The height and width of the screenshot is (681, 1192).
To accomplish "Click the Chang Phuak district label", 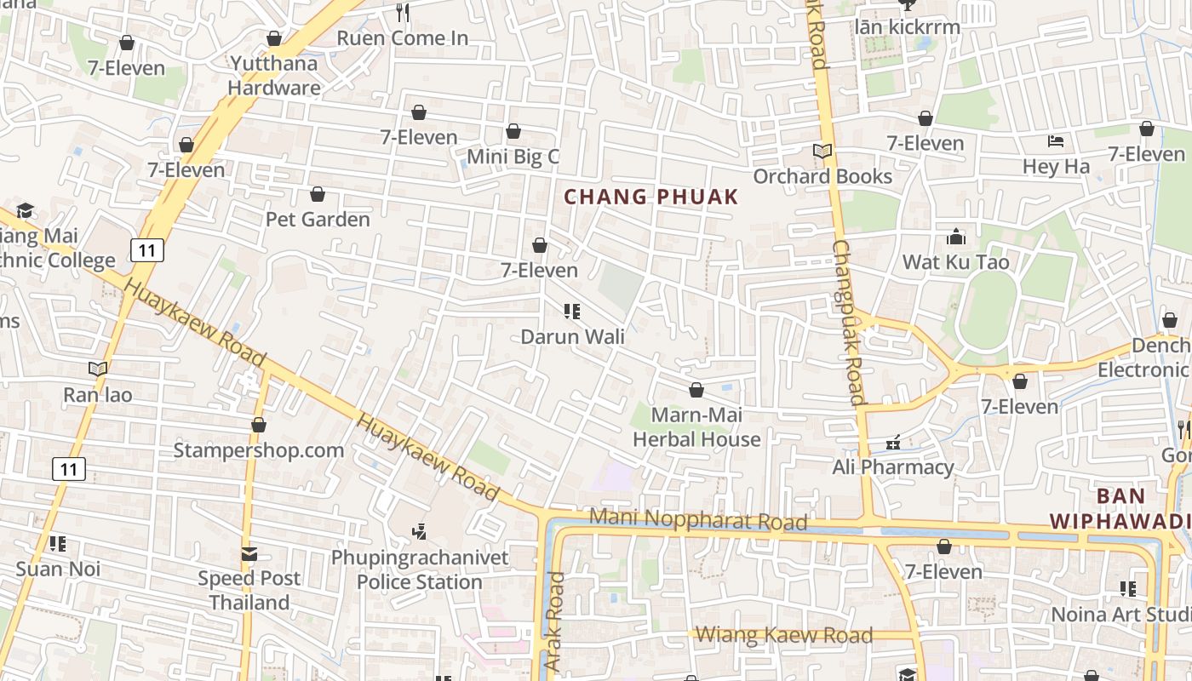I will (651, 197).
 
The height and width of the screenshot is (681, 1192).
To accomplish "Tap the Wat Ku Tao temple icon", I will (956, 237).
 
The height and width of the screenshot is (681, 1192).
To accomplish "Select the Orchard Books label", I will (822, 176).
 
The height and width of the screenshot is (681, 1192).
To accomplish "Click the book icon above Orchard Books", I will (822, 152).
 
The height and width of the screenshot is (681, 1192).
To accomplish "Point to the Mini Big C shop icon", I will (513, 131).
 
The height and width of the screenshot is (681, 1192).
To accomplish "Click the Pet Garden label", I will (318, 220).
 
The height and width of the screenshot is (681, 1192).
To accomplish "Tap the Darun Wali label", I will (572, 336).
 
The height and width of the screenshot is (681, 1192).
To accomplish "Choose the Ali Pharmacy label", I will (892, 467).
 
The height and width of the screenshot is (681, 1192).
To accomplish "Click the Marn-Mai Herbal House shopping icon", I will (696, 390).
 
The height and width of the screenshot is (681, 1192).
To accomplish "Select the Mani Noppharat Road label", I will (698, 518).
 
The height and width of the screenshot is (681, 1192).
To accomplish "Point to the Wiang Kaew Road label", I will (784, 635).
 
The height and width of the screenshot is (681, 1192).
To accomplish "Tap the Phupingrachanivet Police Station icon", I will (419, 532).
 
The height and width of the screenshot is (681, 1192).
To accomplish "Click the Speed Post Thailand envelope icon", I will (249, 554).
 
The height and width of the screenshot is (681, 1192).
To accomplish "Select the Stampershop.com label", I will (259, 450).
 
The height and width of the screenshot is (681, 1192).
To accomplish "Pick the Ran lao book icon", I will (98, 369).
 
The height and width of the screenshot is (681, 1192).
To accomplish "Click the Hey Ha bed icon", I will (1056, 141).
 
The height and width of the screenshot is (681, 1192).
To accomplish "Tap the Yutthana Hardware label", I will (274, 75).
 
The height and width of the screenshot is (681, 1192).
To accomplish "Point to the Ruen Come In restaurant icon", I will (403, 13).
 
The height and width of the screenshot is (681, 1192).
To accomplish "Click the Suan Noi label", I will (58, 569).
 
